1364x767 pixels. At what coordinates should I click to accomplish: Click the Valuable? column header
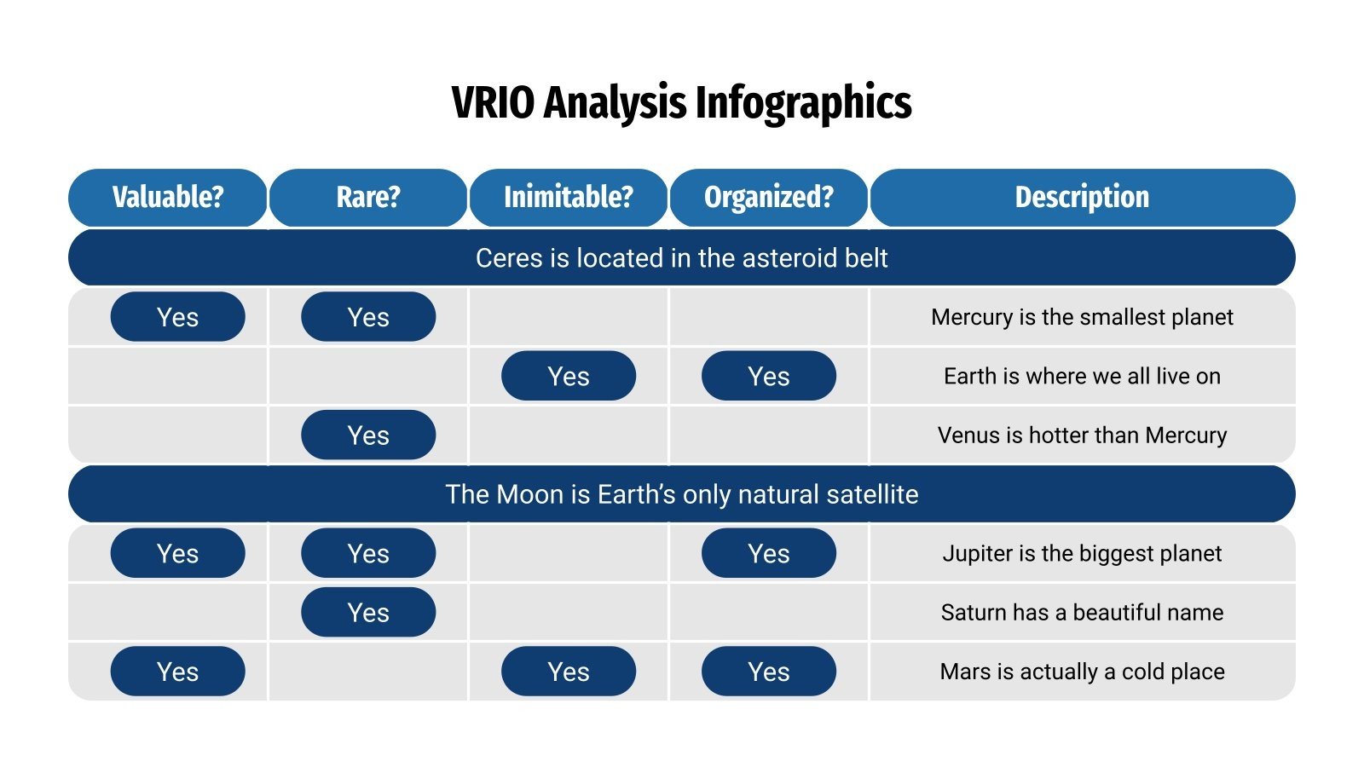tap(168, 197)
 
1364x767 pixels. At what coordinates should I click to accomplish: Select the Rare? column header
tap(368, 197)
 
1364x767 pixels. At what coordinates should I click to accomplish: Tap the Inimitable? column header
tap(569, 197)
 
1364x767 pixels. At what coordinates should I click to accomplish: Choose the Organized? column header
tap(769, 197)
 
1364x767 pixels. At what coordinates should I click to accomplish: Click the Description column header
tap(1082, 197)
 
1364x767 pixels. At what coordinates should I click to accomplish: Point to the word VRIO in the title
tap(493, 103)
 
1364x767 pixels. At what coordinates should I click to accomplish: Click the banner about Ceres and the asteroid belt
tap(681, 257)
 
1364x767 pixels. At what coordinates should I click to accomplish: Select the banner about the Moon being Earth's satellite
tap(681, 494)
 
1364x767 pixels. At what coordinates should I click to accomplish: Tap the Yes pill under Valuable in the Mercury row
tap(177, 317)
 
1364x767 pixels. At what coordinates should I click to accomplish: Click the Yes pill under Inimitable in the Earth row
tap(569, 376)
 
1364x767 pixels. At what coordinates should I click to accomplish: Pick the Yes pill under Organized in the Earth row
tap(769, 376)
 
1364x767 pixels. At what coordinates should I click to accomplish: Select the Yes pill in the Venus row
tap(368, 435)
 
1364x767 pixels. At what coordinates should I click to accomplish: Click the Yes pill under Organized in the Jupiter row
tap(769, 553)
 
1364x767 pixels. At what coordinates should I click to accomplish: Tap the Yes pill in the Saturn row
tap(368, 612)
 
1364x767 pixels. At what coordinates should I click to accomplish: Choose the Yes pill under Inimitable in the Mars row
tap(569, 672)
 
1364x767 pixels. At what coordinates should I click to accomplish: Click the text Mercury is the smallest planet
tap(1082, 317)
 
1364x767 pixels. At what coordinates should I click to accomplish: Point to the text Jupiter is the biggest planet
tap(1082, 553)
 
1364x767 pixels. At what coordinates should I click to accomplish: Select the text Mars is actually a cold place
tap(1082, 672)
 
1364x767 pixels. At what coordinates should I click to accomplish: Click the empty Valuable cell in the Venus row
tap(168, 435)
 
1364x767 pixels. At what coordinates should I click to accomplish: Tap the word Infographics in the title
tap(803, 103)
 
